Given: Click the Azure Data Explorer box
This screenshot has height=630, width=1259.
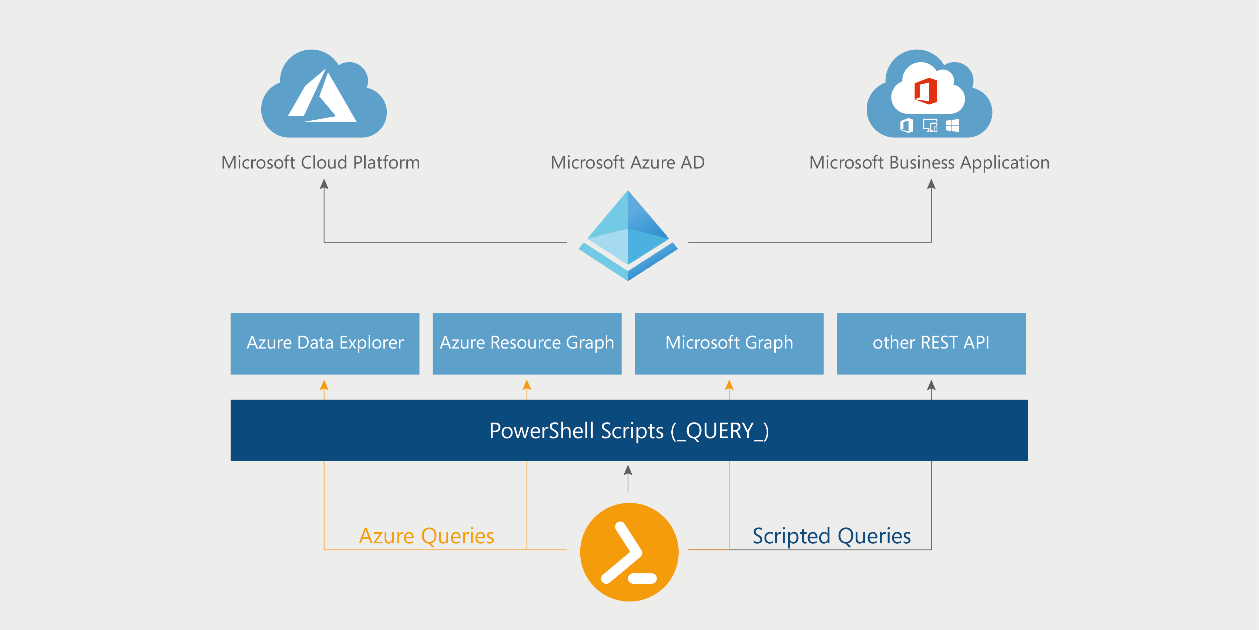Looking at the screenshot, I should (325, 343).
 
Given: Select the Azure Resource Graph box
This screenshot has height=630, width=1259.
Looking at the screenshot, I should (527, 343).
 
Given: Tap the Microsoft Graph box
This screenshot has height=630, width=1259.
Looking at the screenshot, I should (729, 343).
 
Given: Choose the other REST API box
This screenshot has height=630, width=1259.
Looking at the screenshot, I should (931, 343).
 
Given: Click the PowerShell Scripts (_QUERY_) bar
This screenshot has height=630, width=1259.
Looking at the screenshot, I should (629, 430).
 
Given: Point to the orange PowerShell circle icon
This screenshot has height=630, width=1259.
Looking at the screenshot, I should (629, 552).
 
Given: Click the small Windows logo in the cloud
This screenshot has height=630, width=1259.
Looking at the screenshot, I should (953, 126).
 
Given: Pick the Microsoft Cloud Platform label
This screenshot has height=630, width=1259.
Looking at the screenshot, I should (320, 162).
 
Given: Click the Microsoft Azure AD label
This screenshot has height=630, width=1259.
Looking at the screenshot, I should (628, 162).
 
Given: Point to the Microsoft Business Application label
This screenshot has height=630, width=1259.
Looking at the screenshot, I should (929, 162).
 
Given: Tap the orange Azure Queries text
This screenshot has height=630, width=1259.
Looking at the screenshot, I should (426, 536).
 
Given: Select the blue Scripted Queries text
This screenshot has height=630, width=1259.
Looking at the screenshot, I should (831, 536).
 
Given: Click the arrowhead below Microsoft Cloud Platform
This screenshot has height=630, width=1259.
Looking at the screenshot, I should (324, 184).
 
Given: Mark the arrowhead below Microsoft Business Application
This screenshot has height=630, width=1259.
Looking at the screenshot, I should (931, 184).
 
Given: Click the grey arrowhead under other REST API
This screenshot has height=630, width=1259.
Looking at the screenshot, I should (931, 386).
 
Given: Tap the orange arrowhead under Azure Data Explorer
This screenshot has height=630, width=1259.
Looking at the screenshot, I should (324, 386).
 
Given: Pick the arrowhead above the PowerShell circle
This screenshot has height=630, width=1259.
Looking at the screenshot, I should (628, 470).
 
